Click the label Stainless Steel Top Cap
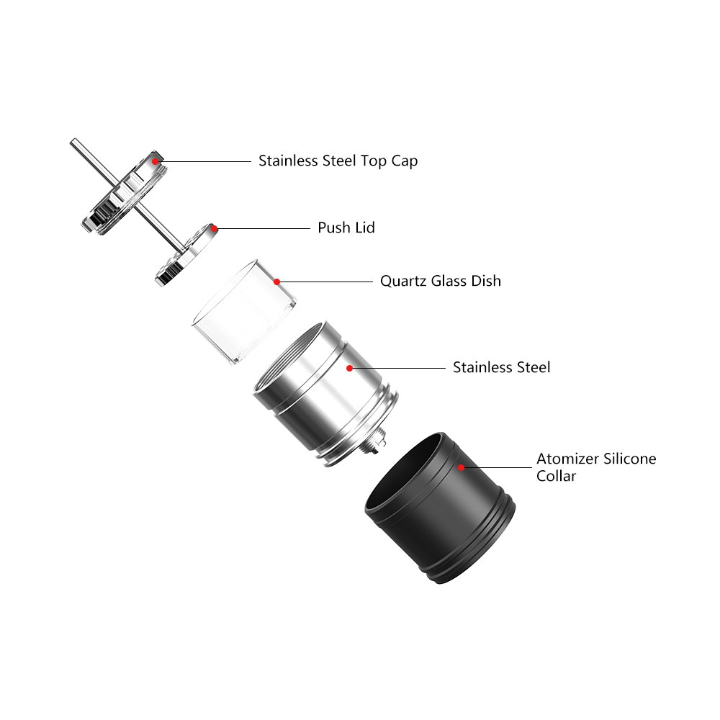[x=338, y=161]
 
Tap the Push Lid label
[x=346, y=228]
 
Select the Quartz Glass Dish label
[x=440, y=281]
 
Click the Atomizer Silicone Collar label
[x=595, y=467]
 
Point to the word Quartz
[x=403, y=281]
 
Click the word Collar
[x=556, y=476]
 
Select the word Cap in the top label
[x=404, y=161]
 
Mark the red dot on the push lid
[x=214, y=228]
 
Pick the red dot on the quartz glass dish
[x=276, y=282]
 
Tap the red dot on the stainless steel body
[x=349, y=368]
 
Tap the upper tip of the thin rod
[x=73, y=142]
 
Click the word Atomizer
[x=564, y=459]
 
